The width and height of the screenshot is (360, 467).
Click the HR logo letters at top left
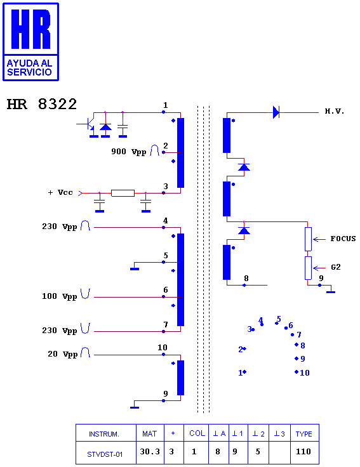pos(30,29)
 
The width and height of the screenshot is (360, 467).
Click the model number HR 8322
pos(42,104)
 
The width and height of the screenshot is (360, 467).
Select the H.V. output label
pos(335,112)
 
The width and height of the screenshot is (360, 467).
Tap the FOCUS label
pos(343,239)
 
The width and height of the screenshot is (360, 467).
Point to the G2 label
pos(336,267)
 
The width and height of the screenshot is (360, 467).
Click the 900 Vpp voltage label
pos(129,152)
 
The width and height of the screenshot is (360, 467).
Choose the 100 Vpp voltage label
pos(59,296)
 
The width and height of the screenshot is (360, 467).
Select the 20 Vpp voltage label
pos(63,354)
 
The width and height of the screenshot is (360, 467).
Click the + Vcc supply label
pos(60,192)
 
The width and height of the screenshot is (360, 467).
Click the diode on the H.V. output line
pos(276,112)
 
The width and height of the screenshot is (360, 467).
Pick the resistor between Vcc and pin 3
pos(123,193)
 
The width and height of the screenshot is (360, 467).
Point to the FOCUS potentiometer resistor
pos(308,239)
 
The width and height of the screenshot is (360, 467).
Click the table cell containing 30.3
pos(150,452)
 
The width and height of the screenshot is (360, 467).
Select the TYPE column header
pos(303,434)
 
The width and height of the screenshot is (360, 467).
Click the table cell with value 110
pos(303,452)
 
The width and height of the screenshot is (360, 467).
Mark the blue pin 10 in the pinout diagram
pos(302,372)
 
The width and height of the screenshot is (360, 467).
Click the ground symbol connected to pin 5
pos(135,269)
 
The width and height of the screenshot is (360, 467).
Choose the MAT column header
pos(150,434)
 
